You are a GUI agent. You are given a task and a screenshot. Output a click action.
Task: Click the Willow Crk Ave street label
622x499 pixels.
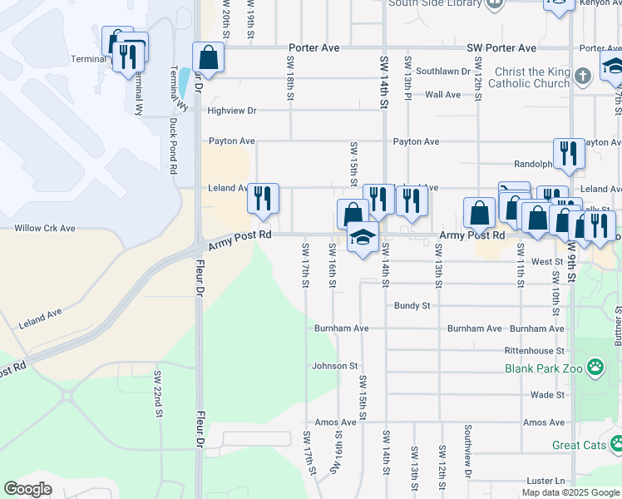[45, 228]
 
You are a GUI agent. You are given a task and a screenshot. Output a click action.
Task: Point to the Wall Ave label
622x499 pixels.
[442, 95]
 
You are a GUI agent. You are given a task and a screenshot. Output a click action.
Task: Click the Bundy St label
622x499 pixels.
[412, 306]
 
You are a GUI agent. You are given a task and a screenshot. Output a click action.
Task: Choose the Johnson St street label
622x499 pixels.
[334, 366]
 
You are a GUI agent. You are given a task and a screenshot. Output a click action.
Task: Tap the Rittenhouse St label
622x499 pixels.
[534, 351]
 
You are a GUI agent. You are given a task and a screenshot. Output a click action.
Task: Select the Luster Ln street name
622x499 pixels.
[545, 482]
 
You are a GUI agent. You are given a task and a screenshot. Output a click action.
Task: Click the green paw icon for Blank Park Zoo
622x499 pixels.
[595, 367]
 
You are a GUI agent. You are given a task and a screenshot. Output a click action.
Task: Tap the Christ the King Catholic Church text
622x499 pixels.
[529, 78]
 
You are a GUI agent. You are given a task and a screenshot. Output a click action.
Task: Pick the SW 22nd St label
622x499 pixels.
[156, 393]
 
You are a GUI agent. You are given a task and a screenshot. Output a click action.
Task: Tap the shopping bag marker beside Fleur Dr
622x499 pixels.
[208, 59]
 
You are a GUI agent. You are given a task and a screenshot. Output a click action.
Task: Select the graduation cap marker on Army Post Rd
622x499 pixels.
[363, 238]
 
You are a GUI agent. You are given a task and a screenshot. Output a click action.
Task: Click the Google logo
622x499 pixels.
[28, 489]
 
